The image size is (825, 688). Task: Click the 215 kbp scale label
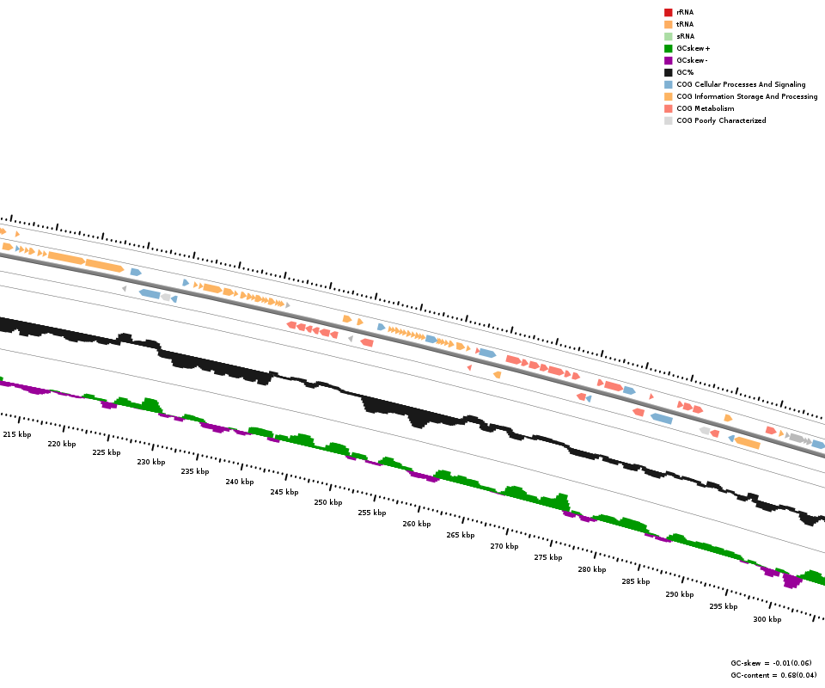[17, 435]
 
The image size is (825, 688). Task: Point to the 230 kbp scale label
[150, 463]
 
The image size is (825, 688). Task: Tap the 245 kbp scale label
[284, 493]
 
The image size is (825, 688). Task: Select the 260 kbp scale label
[417, 525]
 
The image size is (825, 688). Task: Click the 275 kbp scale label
[547, 558]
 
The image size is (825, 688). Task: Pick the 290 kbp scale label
[679, 595]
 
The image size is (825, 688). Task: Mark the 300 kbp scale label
[767, 620]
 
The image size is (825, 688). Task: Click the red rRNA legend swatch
[668, 12]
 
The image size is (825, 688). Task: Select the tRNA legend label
[685, 24]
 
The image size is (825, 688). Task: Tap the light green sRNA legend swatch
[668, 36]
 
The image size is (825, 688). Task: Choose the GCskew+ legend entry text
[693, 48]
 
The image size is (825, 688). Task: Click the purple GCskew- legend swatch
[668, 60]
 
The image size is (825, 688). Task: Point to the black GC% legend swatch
[668, 72]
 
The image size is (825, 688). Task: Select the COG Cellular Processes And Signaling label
[741, 84]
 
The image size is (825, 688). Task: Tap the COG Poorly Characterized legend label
[721, 120]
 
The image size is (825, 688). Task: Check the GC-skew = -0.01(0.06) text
[773, 664]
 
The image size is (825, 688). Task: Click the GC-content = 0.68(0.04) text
[773, 675]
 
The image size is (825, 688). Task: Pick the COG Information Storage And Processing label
[747, 96]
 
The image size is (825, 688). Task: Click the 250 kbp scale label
[327, 503]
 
